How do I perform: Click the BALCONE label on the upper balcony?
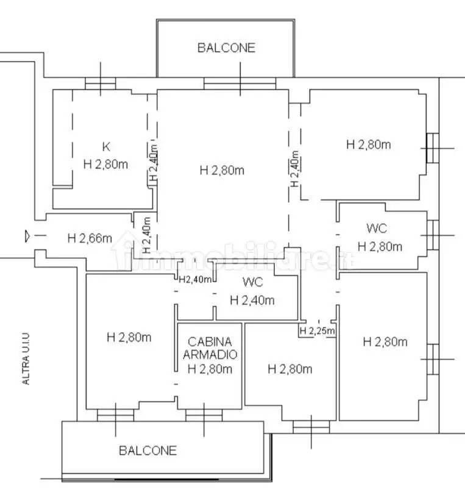click(226, 48)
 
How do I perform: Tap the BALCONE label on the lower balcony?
click(147, 450)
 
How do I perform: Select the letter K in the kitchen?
click(106, 146)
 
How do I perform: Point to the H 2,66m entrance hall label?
click(90, 238)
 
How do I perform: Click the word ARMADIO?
click(209, 355)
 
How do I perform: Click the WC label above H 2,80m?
click(377, 229)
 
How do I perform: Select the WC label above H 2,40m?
click(252, 282)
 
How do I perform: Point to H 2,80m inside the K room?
click(105, 164)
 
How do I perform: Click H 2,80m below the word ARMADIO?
click(209, 368)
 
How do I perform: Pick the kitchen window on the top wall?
click(100, 85)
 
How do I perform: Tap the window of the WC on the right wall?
click(433, 235)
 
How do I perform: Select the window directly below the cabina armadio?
click(202, 415)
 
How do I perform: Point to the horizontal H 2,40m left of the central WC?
click(195, 280)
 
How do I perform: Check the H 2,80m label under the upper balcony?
click(222, 170)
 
